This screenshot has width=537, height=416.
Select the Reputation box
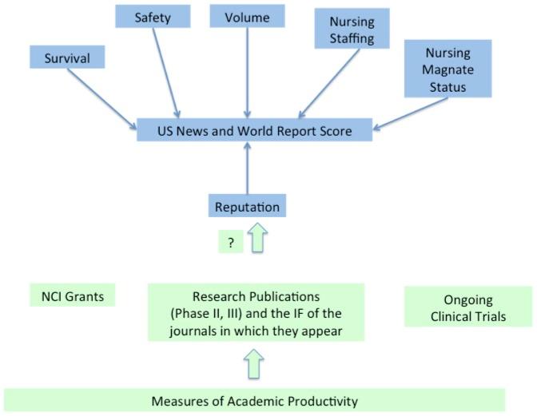(x=247, y=207)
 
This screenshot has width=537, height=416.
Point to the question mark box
(x=230, y=244)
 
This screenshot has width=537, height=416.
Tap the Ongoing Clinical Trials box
(x=468, y=307)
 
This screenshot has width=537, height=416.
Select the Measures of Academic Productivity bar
(x=255, y=400)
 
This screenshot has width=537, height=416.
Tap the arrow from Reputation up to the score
(x=248, y=169)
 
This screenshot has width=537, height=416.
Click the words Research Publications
(x=255, y=296)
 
